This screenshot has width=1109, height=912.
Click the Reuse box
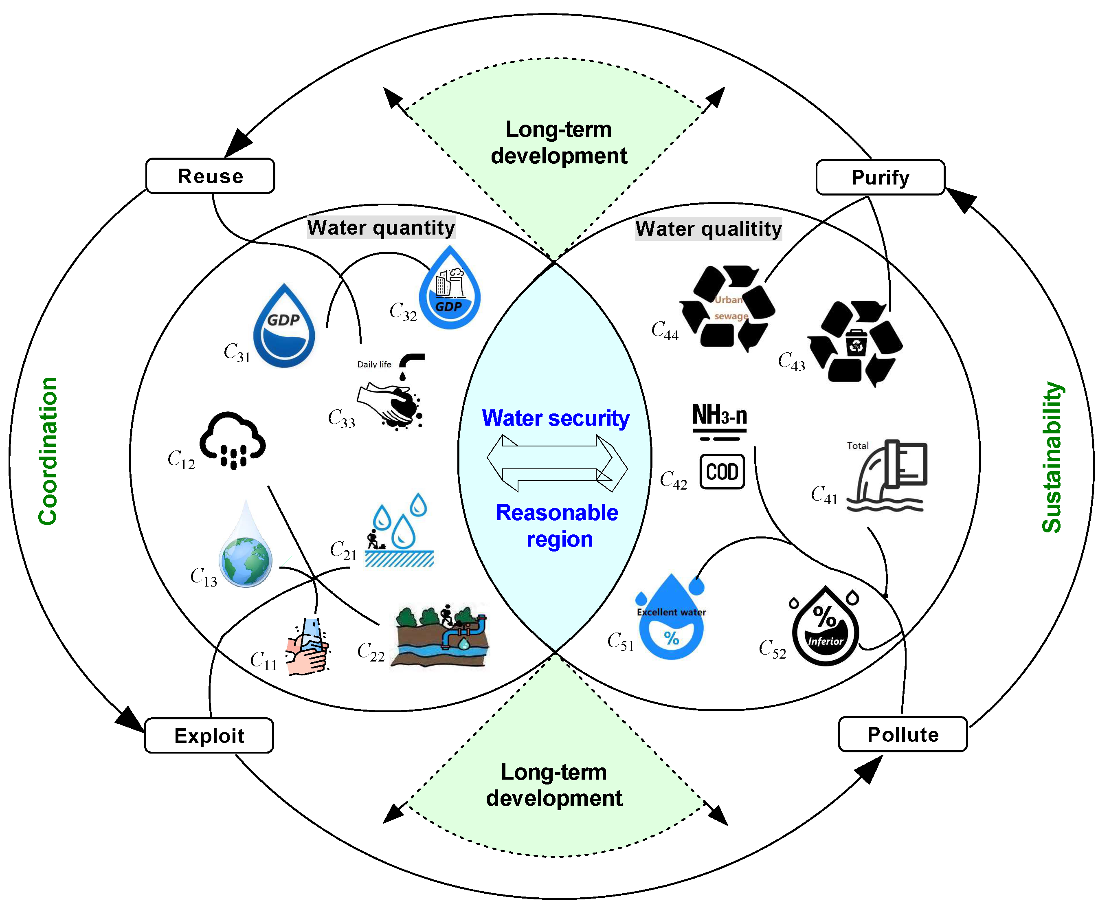(x=210, y=176)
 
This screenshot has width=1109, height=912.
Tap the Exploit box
(x=209, y=736)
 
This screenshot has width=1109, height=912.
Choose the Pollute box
(x=902, y=734)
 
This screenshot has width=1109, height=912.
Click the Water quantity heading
(x=381, y=227)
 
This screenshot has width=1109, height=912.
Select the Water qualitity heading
(x=708, y=229)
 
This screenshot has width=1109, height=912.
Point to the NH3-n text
(x=719, y=415)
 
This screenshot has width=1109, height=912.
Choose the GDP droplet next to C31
(x=284, y=328)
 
